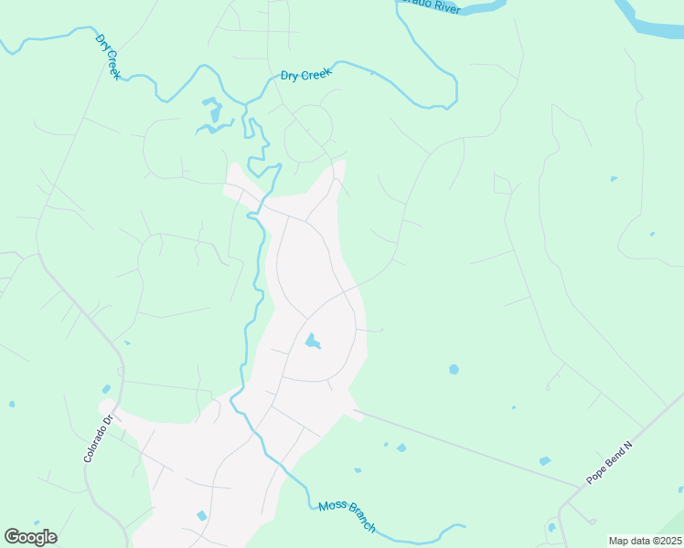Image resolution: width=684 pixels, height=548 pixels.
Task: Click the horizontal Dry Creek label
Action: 305,75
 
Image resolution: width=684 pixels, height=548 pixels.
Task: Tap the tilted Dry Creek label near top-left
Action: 108,57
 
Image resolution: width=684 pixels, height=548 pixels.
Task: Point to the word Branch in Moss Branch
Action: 360,522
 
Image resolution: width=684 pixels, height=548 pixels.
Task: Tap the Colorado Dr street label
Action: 97,438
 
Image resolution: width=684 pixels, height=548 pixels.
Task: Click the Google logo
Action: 30,537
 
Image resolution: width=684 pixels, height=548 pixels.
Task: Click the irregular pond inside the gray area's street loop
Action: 313,342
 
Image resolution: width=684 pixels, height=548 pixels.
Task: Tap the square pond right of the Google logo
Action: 202,516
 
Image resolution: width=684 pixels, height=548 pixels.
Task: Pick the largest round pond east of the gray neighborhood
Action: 454,370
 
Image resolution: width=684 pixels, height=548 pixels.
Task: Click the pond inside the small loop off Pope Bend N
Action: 550,527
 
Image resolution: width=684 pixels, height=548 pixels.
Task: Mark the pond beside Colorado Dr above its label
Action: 106,390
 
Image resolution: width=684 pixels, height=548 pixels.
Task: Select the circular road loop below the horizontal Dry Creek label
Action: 308,132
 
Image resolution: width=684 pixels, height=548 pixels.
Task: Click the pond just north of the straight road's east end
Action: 545,460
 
